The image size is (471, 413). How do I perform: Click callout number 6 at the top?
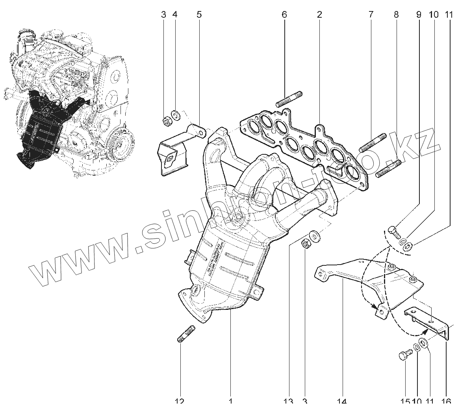click(284, 15)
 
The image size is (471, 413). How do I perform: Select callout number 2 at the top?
click(319, 15)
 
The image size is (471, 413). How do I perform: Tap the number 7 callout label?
click(371, 15)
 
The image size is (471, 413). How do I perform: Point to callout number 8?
click(396, 15)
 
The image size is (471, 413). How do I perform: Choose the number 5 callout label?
click(199, 15)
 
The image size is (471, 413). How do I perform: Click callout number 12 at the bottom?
click(179, 402)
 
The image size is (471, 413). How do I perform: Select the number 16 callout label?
click(446, 402)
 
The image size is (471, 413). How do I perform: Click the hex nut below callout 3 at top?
click(166, 122)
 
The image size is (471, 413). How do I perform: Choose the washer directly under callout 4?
click(176, 115)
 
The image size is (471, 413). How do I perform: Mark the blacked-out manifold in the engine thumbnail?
click(41, 126)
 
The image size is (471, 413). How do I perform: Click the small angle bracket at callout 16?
click(429, 321)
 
